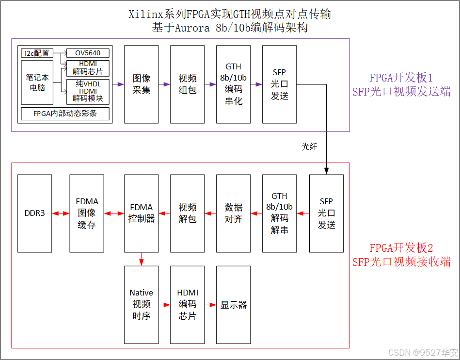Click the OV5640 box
tap(88, 53)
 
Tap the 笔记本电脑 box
tap(37, 82)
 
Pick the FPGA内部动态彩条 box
tap(65, 114)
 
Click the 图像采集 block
tap(142, 84)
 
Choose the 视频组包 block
tap(188, 84)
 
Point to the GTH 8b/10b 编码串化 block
tap(234, 84)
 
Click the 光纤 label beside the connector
tap(309, 147)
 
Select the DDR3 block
tap(34, 213)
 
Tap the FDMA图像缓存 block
tap(87, 213)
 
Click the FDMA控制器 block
tap(142, 213)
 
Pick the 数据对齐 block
tap(234, 213)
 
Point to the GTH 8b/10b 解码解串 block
tap(280, 213)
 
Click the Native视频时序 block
tap(142, 305)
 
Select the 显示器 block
tap(234, 305)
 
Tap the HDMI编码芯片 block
tap(188, 305)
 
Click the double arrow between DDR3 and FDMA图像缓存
tap(61, 213)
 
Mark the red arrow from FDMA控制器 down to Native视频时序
tap(142, 259)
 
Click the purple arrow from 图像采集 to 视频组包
tap(164, 84)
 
